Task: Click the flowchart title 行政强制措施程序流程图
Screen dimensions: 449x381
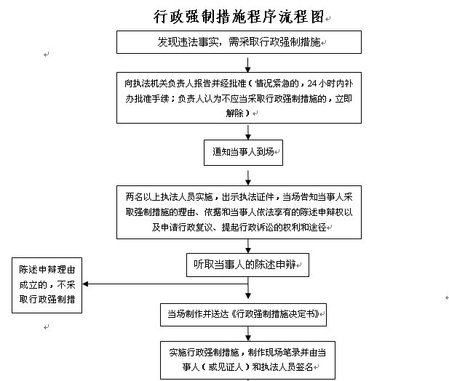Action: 239,17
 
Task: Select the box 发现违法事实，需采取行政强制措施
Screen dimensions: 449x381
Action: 239,42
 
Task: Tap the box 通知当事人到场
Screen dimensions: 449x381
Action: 243,153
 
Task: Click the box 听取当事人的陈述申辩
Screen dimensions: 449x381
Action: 247,265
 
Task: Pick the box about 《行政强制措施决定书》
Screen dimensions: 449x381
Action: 243,315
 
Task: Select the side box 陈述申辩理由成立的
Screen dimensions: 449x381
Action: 47,285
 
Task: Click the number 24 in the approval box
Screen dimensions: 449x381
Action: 312,84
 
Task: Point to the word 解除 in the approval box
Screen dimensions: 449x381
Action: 234,113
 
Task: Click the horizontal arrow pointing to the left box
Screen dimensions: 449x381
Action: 165,284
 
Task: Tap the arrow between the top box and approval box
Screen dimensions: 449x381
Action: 248,65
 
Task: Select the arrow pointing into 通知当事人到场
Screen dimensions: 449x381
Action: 248,132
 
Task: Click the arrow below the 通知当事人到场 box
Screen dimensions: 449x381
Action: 248,178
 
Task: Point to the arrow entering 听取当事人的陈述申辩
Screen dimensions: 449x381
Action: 248,246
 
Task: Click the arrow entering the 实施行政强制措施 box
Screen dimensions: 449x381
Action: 248,334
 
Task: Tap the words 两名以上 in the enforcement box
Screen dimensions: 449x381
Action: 143,197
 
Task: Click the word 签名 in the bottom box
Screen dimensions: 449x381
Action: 304,367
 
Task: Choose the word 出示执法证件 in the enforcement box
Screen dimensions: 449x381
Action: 247,197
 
